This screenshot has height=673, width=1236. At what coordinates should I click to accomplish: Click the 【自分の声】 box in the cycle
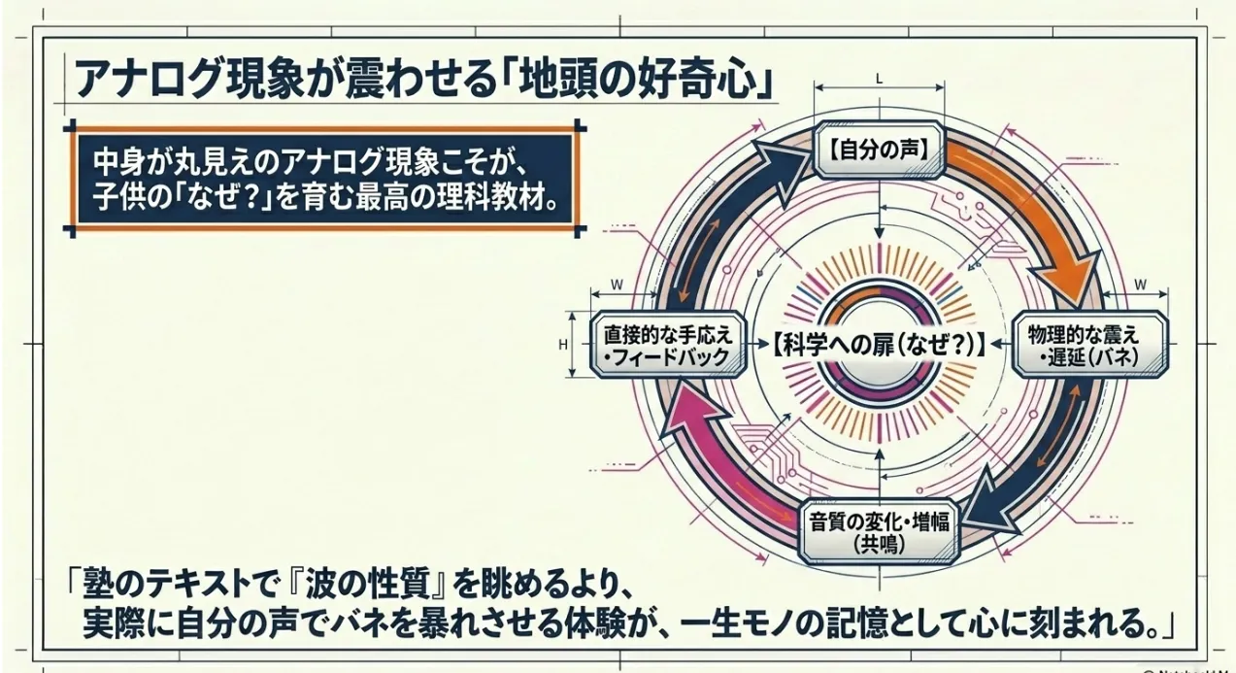click(x=879, y=150)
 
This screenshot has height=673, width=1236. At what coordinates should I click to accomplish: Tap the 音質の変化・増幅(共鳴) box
click(x=878, y=529)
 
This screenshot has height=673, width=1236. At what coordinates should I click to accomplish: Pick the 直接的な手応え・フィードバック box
click(x=666, y=345)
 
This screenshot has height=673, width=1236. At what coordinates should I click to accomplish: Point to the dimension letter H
click(x=563, y=344)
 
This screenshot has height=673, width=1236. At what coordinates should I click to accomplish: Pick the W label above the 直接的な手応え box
click(x=618, y=285)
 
